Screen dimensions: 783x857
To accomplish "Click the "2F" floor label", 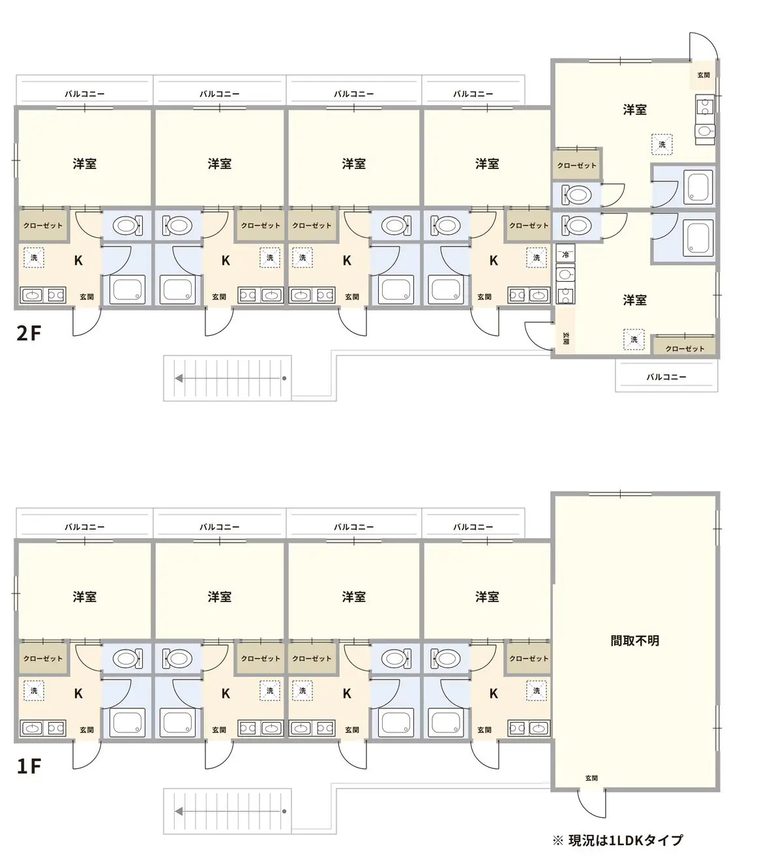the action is tap(29, 333).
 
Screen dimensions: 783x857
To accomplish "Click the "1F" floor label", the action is tap(29, 766).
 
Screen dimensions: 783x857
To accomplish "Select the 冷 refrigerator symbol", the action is tap(565, 254).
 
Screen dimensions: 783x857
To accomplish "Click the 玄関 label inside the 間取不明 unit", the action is tap(591, 778).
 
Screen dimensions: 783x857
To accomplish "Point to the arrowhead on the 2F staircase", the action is tap(179, 378).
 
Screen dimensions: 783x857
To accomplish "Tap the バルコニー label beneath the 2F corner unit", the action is tap(666, 377).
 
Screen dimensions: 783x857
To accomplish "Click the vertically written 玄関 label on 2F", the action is tap(565, 338).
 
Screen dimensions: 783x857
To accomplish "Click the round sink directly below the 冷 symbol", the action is tap(565, 275).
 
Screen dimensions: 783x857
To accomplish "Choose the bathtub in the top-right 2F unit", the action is tap(698, 187).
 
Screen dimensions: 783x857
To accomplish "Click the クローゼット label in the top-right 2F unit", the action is tap(577, 166).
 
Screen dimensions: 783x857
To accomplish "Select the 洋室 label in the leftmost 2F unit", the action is tap(85, 164).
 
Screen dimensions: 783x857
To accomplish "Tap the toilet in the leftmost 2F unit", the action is tap(127, 225).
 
